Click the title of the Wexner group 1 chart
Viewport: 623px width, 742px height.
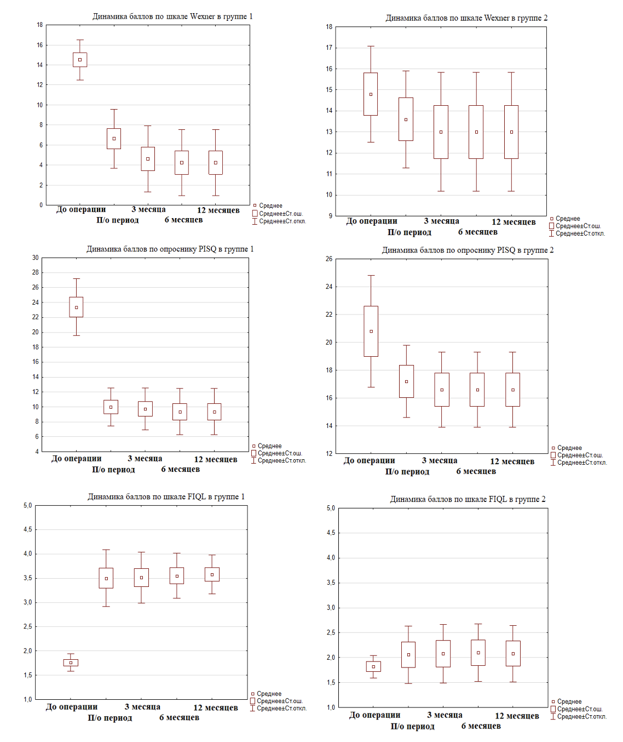[x=172, y=16]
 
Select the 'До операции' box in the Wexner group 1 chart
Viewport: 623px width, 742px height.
[x=80, y=60]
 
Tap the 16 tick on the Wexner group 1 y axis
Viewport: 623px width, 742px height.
[x=40, y=45]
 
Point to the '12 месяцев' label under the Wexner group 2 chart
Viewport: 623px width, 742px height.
[x=514, y=222]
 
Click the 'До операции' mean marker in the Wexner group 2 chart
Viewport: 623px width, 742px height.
[x=371, y=94]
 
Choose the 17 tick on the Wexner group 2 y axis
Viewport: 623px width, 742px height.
[x=329, y=48]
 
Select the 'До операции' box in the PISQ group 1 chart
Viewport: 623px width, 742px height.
[x=76, y=307]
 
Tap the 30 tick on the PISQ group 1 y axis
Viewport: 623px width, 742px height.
[x=36, y=258]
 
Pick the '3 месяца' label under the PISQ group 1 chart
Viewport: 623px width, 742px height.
[x=145, y=459]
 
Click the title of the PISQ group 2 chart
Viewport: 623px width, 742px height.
[x=468, y=250]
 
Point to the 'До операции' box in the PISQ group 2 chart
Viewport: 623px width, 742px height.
[x=371, y=332]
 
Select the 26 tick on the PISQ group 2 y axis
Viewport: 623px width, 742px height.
[x=329, y=259]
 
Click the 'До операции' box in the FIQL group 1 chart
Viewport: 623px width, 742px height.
[x=71, y=663]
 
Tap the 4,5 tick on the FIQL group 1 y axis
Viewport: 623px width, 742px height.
[x=28, y=529]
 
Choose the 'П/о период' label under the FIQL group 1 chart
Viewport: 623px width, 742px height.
[x=110, y=718]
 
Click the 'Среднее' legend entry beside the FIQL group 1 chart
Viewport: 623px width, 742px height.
[x=269, y=694]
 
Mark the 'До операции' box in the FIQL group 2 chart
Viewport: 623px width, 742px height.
[x=373, y=666]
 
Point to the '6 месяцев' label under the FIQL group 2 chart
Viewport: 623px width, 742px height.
[x=481, y=726]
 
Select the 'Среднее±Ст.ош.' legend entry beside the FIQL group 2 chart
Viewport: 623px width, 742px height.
[x=580, y=709]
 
